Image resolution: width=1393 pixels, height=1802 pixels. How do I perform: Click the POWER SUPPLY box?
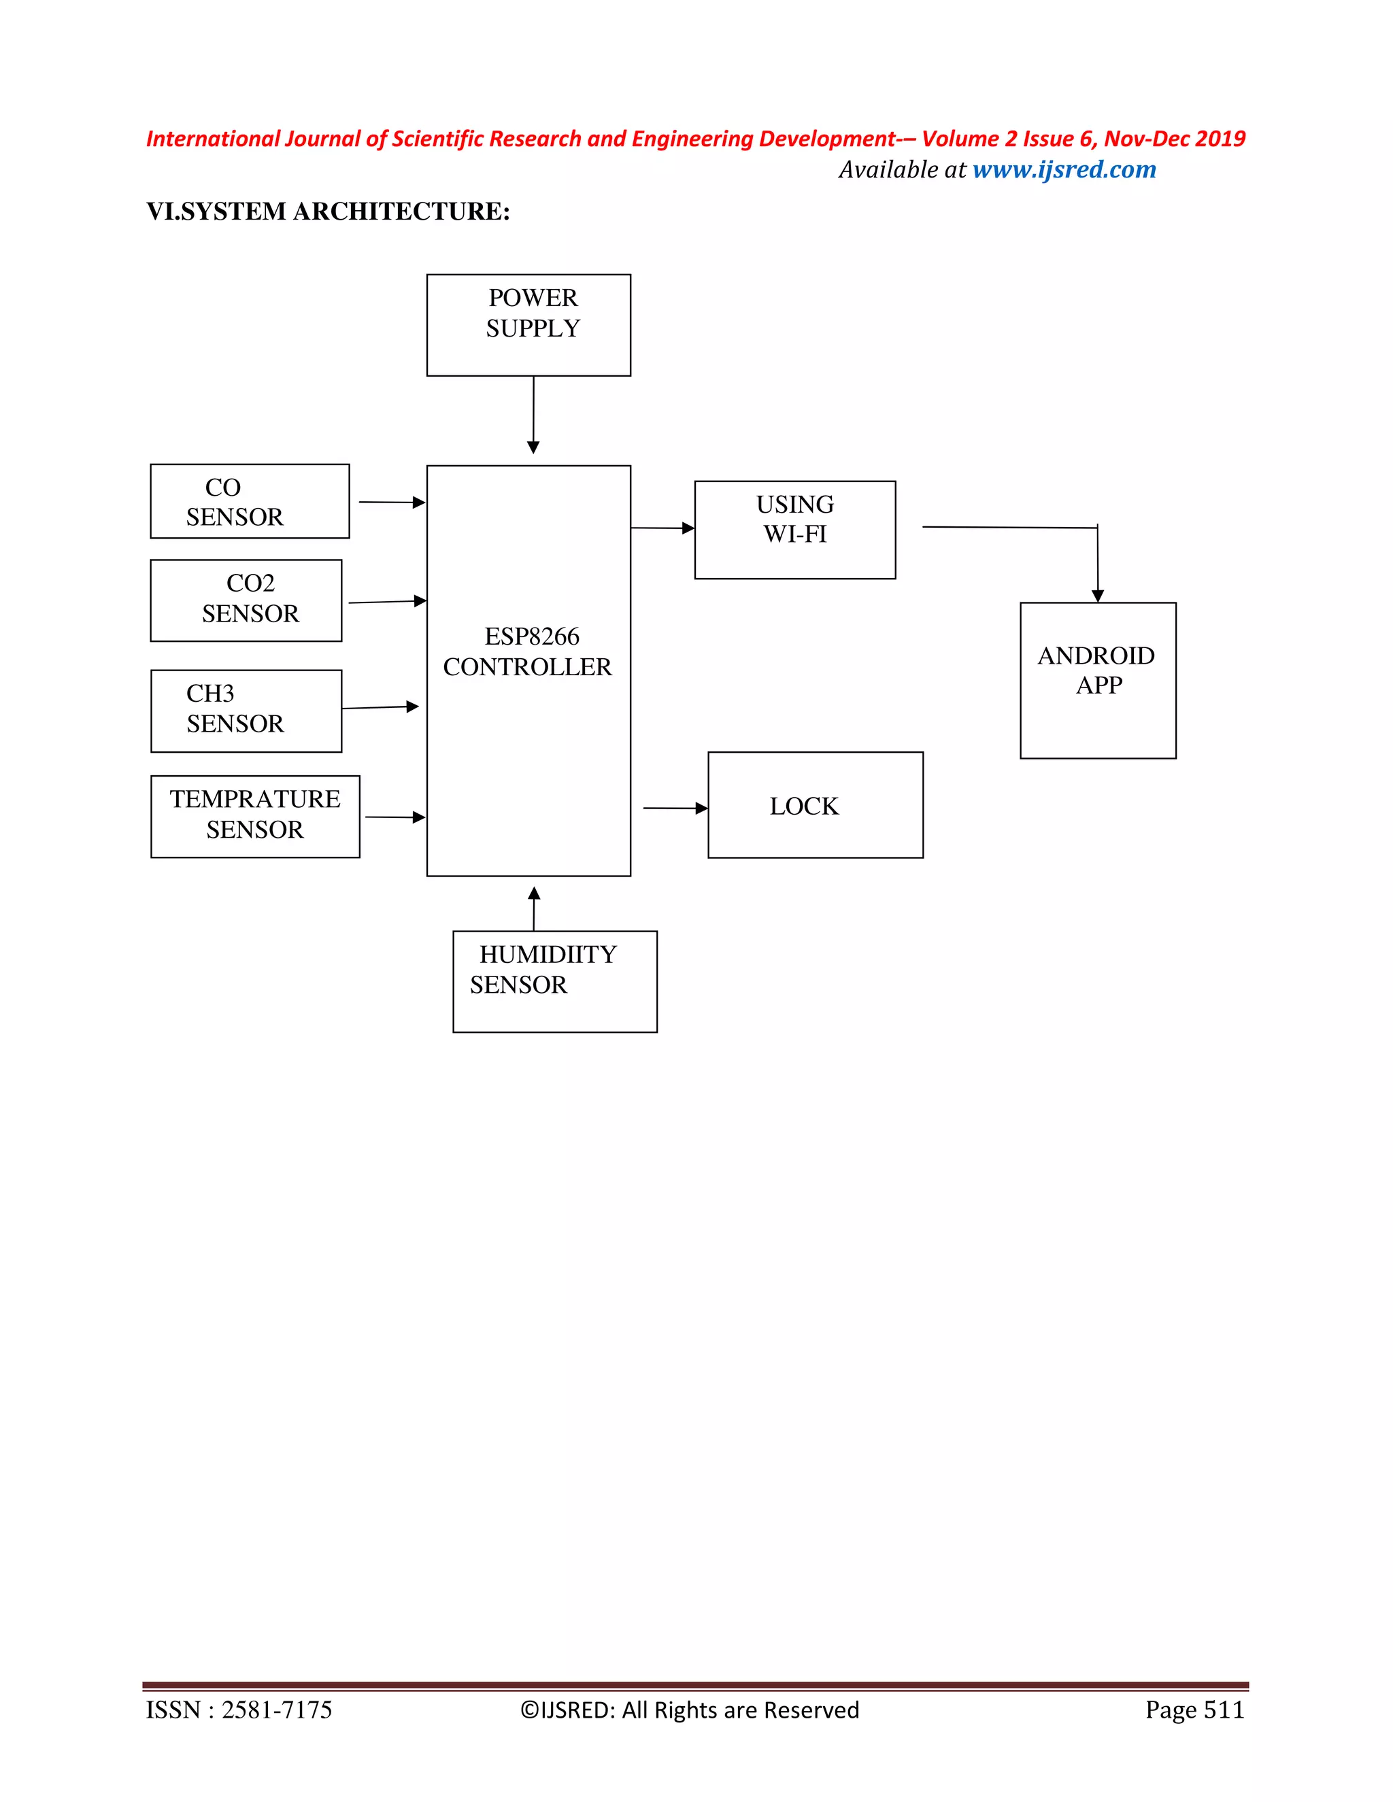pyautogui.click(x=528, y=325)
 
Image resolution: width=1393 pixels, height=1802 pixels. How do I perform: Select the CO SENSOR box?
pyautogui.click(x=249, y=502)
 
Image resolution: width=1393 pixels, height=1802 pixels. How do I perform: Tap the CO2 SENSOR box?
pyautogui.click(x=246, y=600)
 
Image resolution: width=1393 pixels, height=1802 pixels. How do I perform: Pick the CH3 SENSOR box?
pyautogui.click(x=246, y=711)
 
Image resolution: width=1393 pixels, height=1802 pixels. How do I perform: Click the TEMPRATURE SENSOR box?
pyautogui.click(x=255, y=816)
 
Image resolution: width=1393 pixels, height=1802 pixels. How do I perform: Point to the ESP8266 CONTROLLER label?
pyautogui.click(x=528, y=652)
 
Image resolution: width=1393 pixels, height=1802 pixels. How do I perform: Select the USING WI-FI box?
pyautogui.click(x=794, y=530)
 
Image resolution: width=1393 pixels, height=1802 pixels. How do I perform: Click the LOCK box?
pyautogui.click(x=816, y=805)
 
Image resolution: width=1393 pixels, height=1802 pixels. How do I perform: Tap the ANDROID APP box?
pyautogui.click(x=1098, y=680)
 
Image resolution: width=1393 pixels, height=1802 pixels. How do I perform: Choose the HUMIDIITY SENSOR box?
pyautogui.click(x=554, y=981)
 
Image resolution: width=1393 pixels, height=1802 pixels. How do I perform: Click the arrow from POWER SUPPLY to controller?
pyautogui.click(x=533, y=413)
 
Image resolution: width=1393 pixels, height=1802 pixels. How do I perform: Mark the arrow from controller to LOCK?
pyautogui.click(x=673, y=809)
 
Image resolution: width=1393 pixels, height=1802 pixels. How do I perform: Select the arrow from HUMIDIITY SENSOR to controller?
pyautogui.click(x=534, y=908)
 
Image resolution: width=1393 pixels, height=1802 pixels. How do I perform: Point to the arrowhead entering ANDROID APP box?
pyautogui.click(x=1098, y=596)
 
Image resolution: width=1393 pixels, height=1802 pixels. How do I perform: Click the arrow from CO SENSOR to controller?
pyautogui.click(x=391, y=502)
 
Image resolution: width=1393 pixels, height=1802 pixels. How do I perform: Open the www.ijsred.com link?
pyautogui.click(x=1064, y=170)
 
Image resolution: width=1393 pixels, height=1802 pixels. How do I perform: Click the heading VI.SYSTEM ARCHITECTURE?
pyautogui.click(x=328, y=212)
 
